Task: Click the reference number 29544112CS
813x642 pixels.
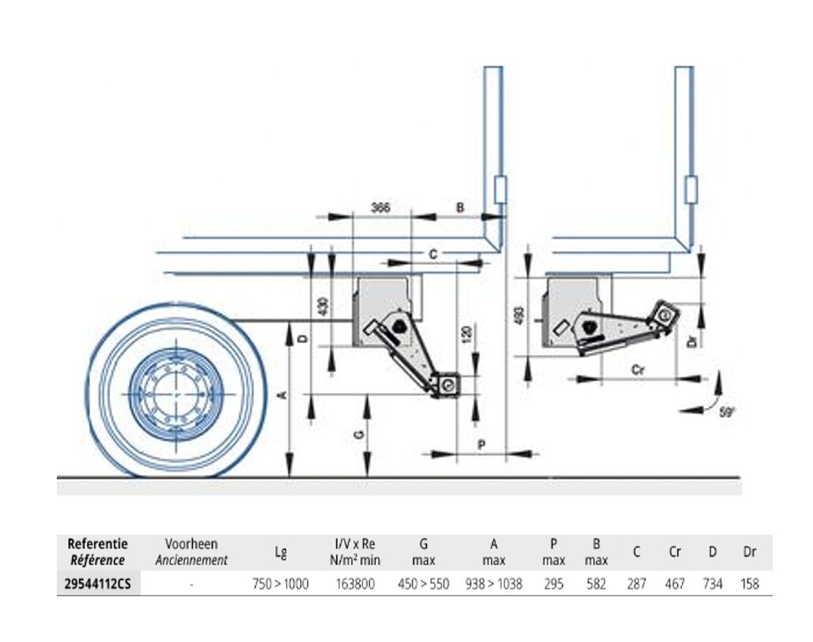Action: pos(99,584)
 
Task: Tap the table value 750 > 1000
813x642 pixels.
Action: pos(280,584)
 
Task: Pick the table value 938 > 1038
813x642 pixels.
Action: pos(494,584)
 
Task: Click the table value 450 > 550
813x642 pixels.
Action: pos(423,584)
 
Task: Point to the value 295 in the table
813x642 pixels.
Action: pos(554,584)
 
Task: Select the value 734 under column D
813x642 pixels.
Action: pos(712,584)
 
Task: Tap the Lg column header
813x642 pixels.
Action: pos(280,552)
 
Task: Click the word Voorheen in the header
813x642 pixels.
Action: pos(191,544)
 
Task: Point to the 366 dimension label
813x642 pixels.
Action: pos(381,207)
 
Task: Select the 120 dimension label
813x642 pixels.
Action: pos(466,333)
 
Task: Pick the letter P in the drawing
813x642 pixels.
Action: pos(481,445)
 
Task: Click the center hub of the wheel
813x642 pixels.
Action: pos(175,393)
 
